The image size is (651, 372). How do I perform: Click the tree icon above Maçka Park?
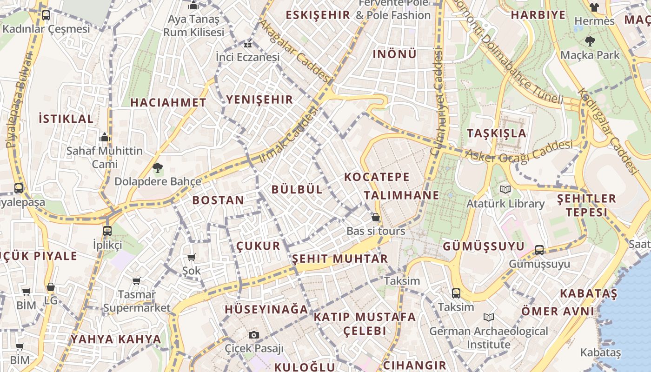[590, 41]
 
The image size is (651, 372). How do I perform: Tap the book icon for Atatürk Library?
[505, 189]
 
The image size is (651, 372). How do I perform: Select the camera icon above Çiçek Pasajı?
[253, 335]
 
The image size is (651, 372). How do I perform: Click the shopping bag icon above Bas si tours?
[375, 217]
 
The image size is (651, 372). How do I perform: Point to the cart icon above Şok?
[191, 257]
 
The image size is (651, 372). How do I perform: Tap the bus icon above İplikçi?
[107, 231]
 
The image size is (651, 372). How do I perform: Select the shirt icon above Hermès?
[594, 7]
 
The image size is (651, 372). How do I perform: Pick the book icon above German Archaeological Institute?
[488, 317]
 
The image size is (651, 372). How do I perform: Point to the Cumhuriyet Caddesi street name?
[437, 102]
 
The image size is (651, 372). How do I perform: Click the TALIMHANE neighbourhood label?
[401, 195]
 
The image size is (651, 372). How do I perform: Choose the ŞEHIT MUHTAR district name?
[339, 259]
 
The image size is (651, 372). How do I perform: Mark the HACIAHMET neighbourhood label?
[168, 103]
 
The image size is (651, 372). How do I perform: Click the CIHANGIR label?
[414, 365]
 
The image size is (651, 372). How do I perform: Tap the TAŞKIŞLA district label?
[497, 133]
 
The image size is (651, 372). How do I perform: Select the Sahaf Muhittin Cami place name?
[105, 157]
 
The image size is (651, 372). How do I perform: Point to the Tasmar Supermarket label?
[137, 301]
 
